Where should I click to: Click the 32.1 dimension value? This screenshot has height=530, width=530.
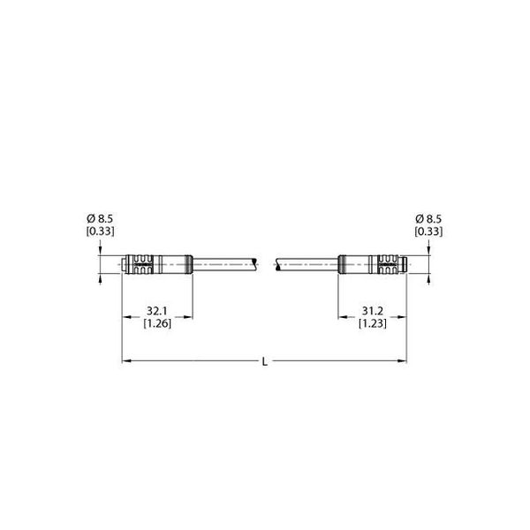coord(157,311)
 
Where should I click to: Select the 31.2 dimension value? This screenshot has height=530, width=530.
coord(372,311)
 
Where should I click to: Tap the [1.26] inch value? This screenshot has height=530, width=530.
coord(157,323)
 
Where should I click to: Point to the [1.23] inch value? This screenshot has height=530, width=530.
coord(372,323)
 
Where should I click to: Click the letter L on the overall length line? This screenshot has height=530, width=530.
coord(265,362)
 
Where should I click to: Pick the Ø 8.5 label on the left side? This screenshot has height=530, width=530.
coord(100,219)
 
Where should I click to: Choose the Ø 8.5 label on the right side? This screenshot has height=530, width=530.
coord(428,219)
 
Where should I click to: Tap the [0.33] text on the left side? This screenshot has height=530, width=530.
coord(100,231)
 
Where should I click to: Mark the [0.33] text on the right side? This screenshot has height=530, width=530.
coord(428,231)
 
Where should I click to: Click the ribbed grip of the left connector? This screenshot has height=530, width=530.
coord(144,264)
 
